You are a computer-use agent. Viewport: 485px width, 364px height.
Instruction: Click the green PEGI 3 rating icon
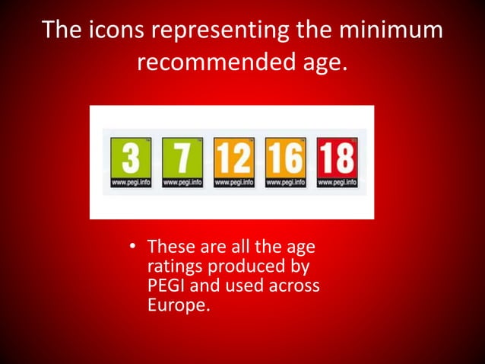(130, 162)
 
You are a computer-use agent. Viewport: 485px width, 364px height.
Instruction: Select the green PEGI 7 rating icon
(182, 162)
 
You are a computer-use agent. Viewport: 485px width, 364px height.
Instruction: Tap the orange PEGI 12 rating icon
(233, 162)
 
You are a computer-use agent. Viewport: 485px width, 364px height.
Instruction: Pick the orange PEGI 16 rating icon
(285, 162)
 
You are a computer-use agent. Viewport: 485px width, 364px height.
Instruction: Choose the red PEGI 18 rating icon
(336, 162)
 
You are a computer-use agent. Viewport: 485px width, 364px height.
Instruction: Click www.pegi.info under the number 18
(336, 184)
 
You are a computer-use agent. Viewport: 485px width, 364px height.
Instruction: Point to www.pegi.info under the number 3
(130, 184)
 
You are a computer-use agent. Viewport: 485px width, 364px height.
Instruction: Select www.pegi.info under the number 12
(233, 184)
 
